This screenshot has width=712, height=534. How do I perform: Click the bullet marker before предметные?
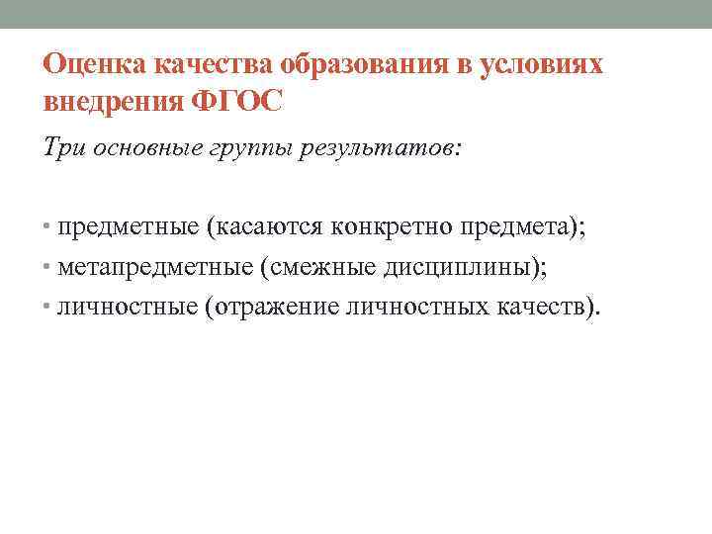48,229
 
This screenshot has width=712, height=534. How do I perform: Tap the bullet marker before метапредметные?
48,268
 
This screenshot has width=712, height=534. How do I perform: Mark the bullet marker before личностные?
48,307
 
